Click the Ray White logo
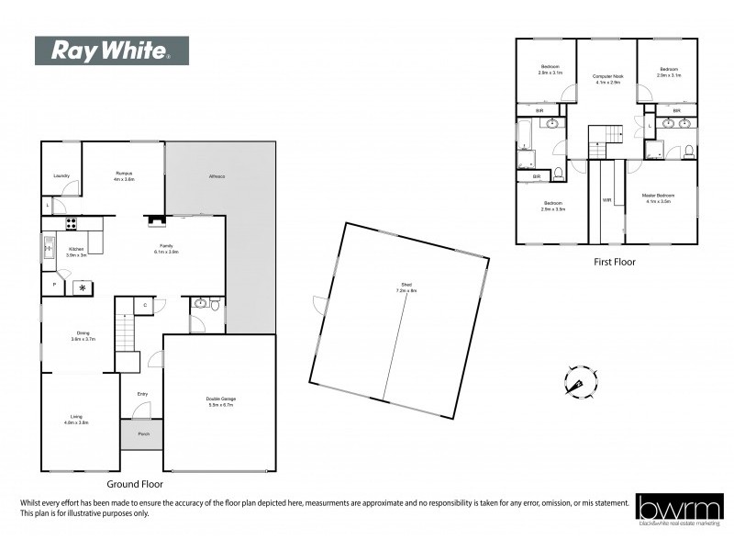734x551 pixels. (x=111, y=51)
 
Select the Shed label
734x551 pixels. (x=400, y=289)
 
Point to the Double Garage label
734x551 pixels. (x=220, y=399)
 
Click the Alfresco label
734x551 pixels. (x=217, y=175)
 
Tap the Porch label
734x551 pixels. (x=143, y=433)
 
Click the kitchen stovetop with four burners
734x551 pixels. (x=71, y=223)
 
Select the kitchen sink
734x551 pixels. (x=49, y=246)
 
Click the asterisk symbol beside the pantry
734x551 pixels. (x=83, y=288)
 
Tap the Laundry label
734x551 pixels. (x=61, y=174)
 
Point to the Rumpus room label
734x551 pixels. (x=124, y=175)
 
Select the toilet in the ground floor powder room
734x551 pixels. (x=215, y=306)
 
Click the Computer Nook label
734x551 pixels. (x=607, y=79)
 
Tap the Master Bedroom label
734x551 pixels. (x=659, y=197)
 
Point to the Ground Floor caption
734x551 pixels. (x=135, y=483)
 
